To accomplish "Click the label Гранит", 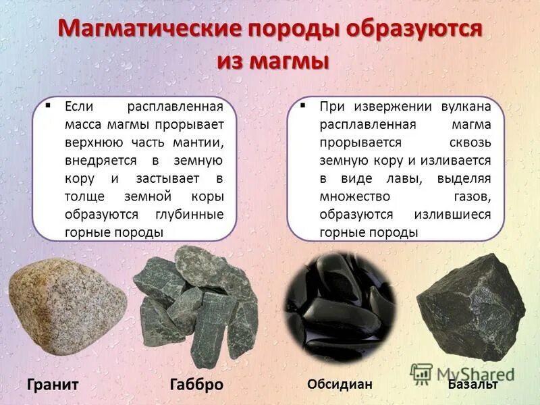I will point(53,385).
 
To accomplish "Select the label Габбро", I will point(196,385).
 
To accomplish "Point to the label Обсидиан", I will point(340,383).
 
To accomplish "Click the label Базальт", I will point(473,384).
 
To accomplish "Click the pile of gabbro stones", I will point(196,304).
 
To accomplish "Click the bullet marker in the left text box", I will point(48,106).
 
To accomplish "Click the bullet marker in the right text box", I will point(303,106).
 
